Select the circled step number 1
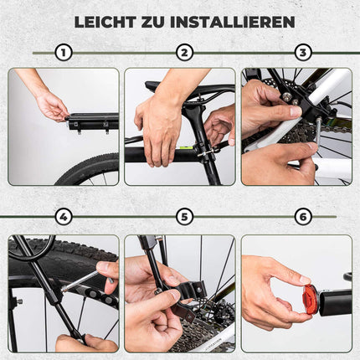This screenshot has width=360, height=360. point(63,53)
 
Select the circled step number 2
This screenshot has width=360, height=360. point(184,53)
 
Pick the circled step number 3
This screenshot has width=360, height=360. point(303,53)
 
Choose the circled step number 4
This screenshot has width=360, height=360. point(63,217)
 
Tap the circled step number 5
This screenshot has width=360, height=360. point(184,217)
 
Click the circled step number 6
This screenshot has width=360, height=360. point(303,217)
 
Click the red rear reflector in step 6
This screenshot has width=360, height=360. point(311,299)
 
